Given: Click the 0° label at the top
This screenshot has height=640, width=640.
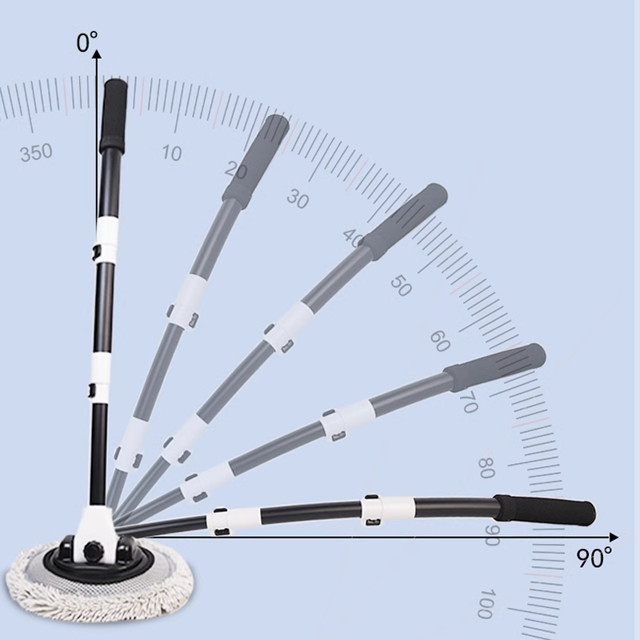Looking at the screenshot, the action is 87,42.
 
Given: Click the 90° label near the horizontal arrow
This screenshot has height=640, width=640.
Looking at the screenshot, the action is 594,558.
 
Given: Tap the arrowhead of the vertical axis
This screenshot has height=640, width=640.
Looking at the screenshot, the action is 97,54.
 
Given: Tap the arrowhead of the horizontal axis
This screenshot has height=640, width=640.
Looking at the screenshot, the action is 614,537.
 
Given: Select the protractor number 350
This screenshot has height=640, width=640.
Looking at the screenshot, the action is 36,152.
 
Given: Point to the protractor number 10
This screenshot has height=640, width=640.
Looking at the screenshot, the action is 171,153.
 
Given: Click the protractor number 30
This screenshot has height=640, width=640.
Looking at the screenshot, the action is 298,199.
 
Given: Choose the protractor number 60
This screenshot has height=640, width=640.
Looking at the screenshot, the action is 440,342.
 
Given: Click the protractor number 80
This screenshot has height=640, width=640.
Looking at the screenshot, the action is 486,468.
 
